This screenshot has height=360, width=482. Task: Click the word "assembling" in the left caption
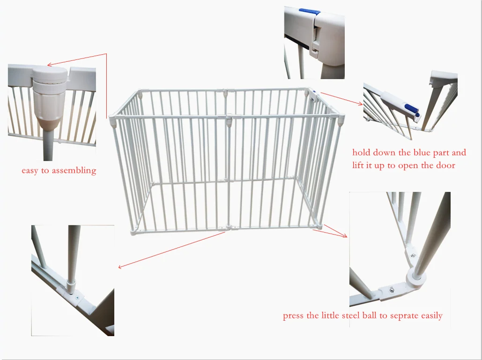coord(74,171)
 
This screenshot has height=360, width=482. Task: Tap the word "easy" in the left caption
coord(30,171)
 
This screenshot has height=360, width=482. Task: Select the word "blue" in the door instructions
coord(424,153)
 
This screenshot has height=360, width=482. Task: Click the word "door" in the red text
coord(446,165)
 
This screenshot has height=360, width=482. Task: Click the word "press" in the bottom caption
coord(293,316)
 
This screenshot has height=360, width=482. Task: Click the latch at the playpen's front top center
coord(228,122)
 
